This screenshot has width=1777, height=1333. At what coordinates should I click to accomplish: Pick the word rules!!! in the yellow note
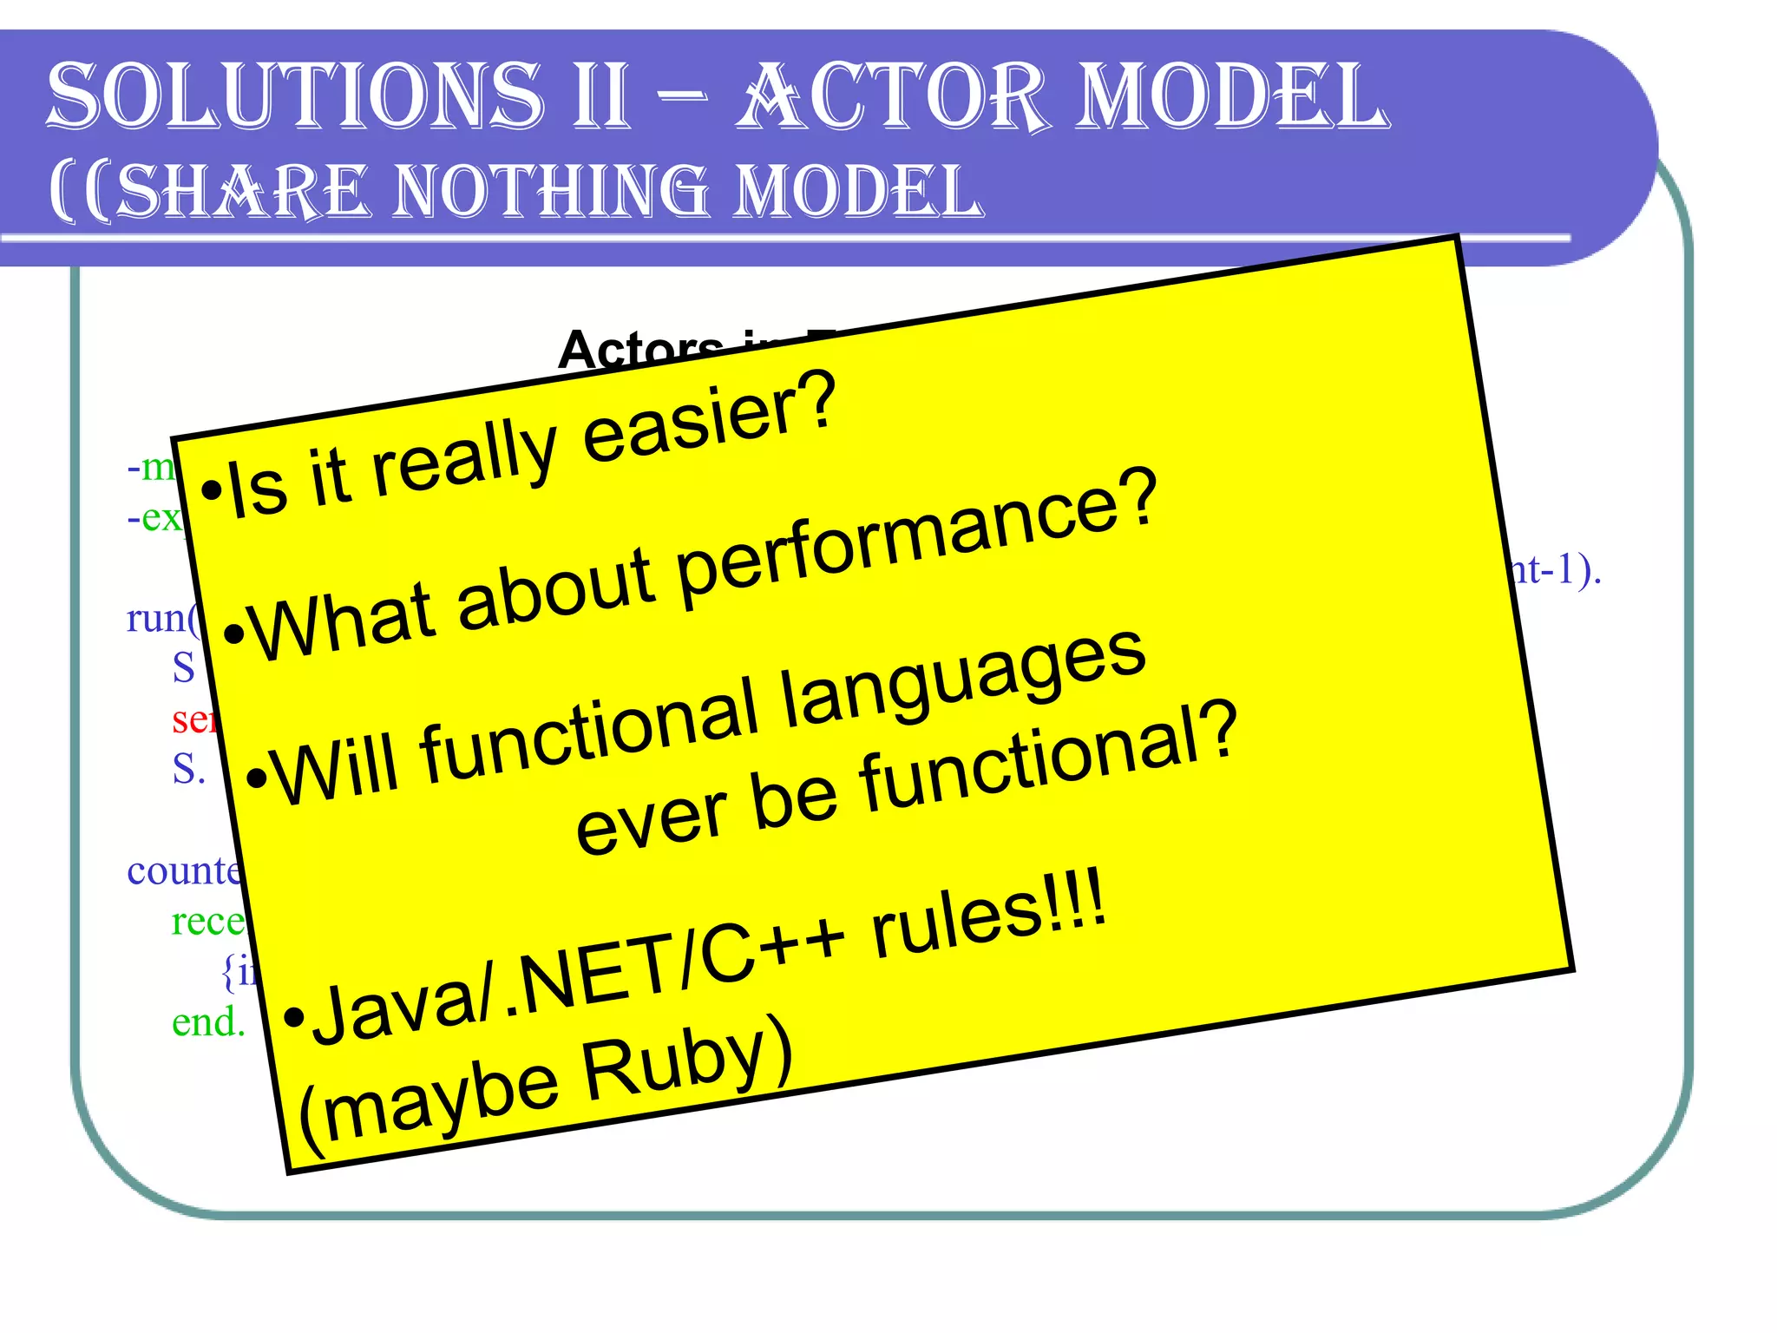coord(989,916)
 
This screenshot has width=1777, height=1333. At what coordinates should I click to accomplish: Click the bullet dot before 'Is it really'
coord(210,492)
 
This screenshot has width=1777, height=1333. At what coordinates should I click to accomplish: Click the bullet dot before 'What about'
coord(233,635)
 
